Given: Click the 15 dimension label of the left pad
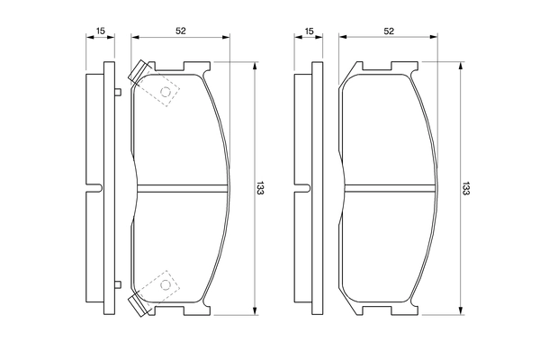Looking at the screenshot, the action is (x=100, y=31).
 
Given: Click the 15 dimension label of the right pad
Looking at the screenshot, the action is (x=309, y=31).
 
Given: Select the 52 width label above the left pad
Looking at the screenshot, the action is (x=181, y=31).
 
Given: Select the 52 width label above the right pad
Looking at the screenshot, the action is (x=389, y=31).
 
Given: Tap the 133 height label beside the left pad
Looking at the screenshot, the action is (x=260, y=188).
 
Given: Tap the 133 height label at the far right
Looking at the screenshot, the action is (x=465, y=188).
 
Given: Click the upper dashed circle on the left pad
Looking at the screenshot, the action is (x=166, y=92).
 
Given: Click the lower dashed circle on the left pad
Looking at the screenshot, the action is (x=166, y=285).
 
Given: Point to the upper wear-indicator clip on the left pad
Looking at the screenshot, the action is (x=139, y=72).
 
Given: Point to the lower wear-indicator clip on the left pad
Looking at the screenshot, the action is (x=139, y=305).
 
